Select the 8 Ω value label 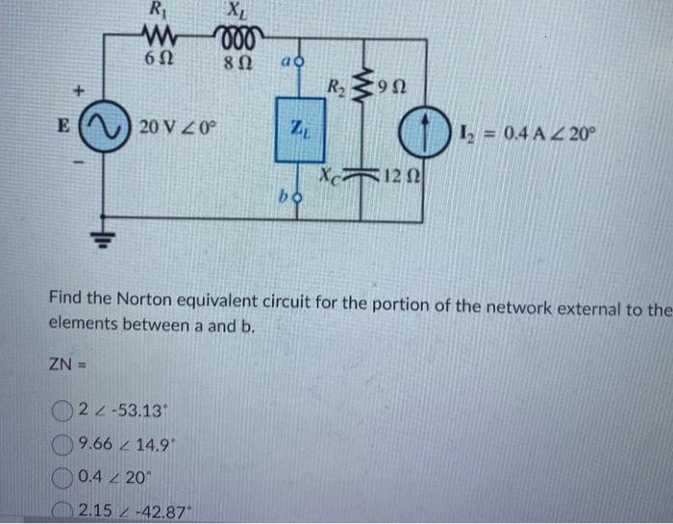click(x=236, y=61)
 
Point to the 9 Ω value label click(x=394, y=90)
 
